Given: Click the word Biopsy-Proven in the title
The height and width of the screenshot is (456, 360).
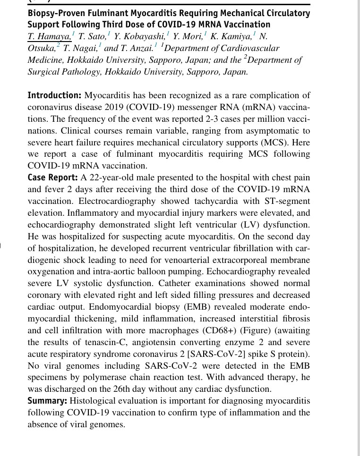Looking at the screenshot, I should [51, 13].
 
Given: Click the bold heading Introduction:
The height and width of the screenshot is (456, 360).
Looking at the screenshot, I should [54, 95].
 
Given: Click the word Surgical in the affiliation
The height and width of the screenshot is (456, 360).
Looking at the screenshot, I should [44, 72].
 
